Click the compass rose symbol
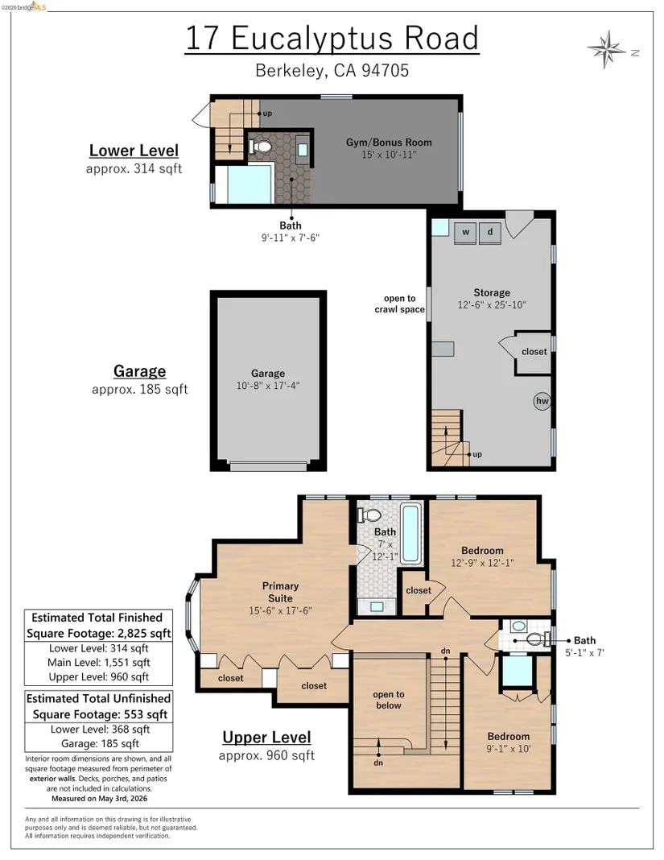(606, 50)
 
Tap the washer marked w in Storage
(465, 233)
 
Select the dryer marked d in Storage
(489, 233)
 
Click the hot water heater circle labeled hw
(542, 401)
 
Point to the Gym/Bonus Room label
(389, 142)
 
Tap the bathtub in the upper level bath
(410, 534)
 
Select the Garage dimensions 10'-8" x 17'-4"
(268, 386)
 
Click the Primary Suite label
(280, 592)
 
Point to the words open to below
(389, 700)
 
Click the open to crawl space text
(400, 304)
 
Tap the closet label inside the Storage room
(534, 352)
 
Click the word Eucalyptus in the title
(312, 39)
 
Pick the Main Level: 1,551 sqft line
(99, 663)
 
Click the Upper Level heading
(266, 737)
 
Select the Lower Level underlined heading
(134, 151)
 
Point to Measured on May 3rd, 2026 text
(99, 799)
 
